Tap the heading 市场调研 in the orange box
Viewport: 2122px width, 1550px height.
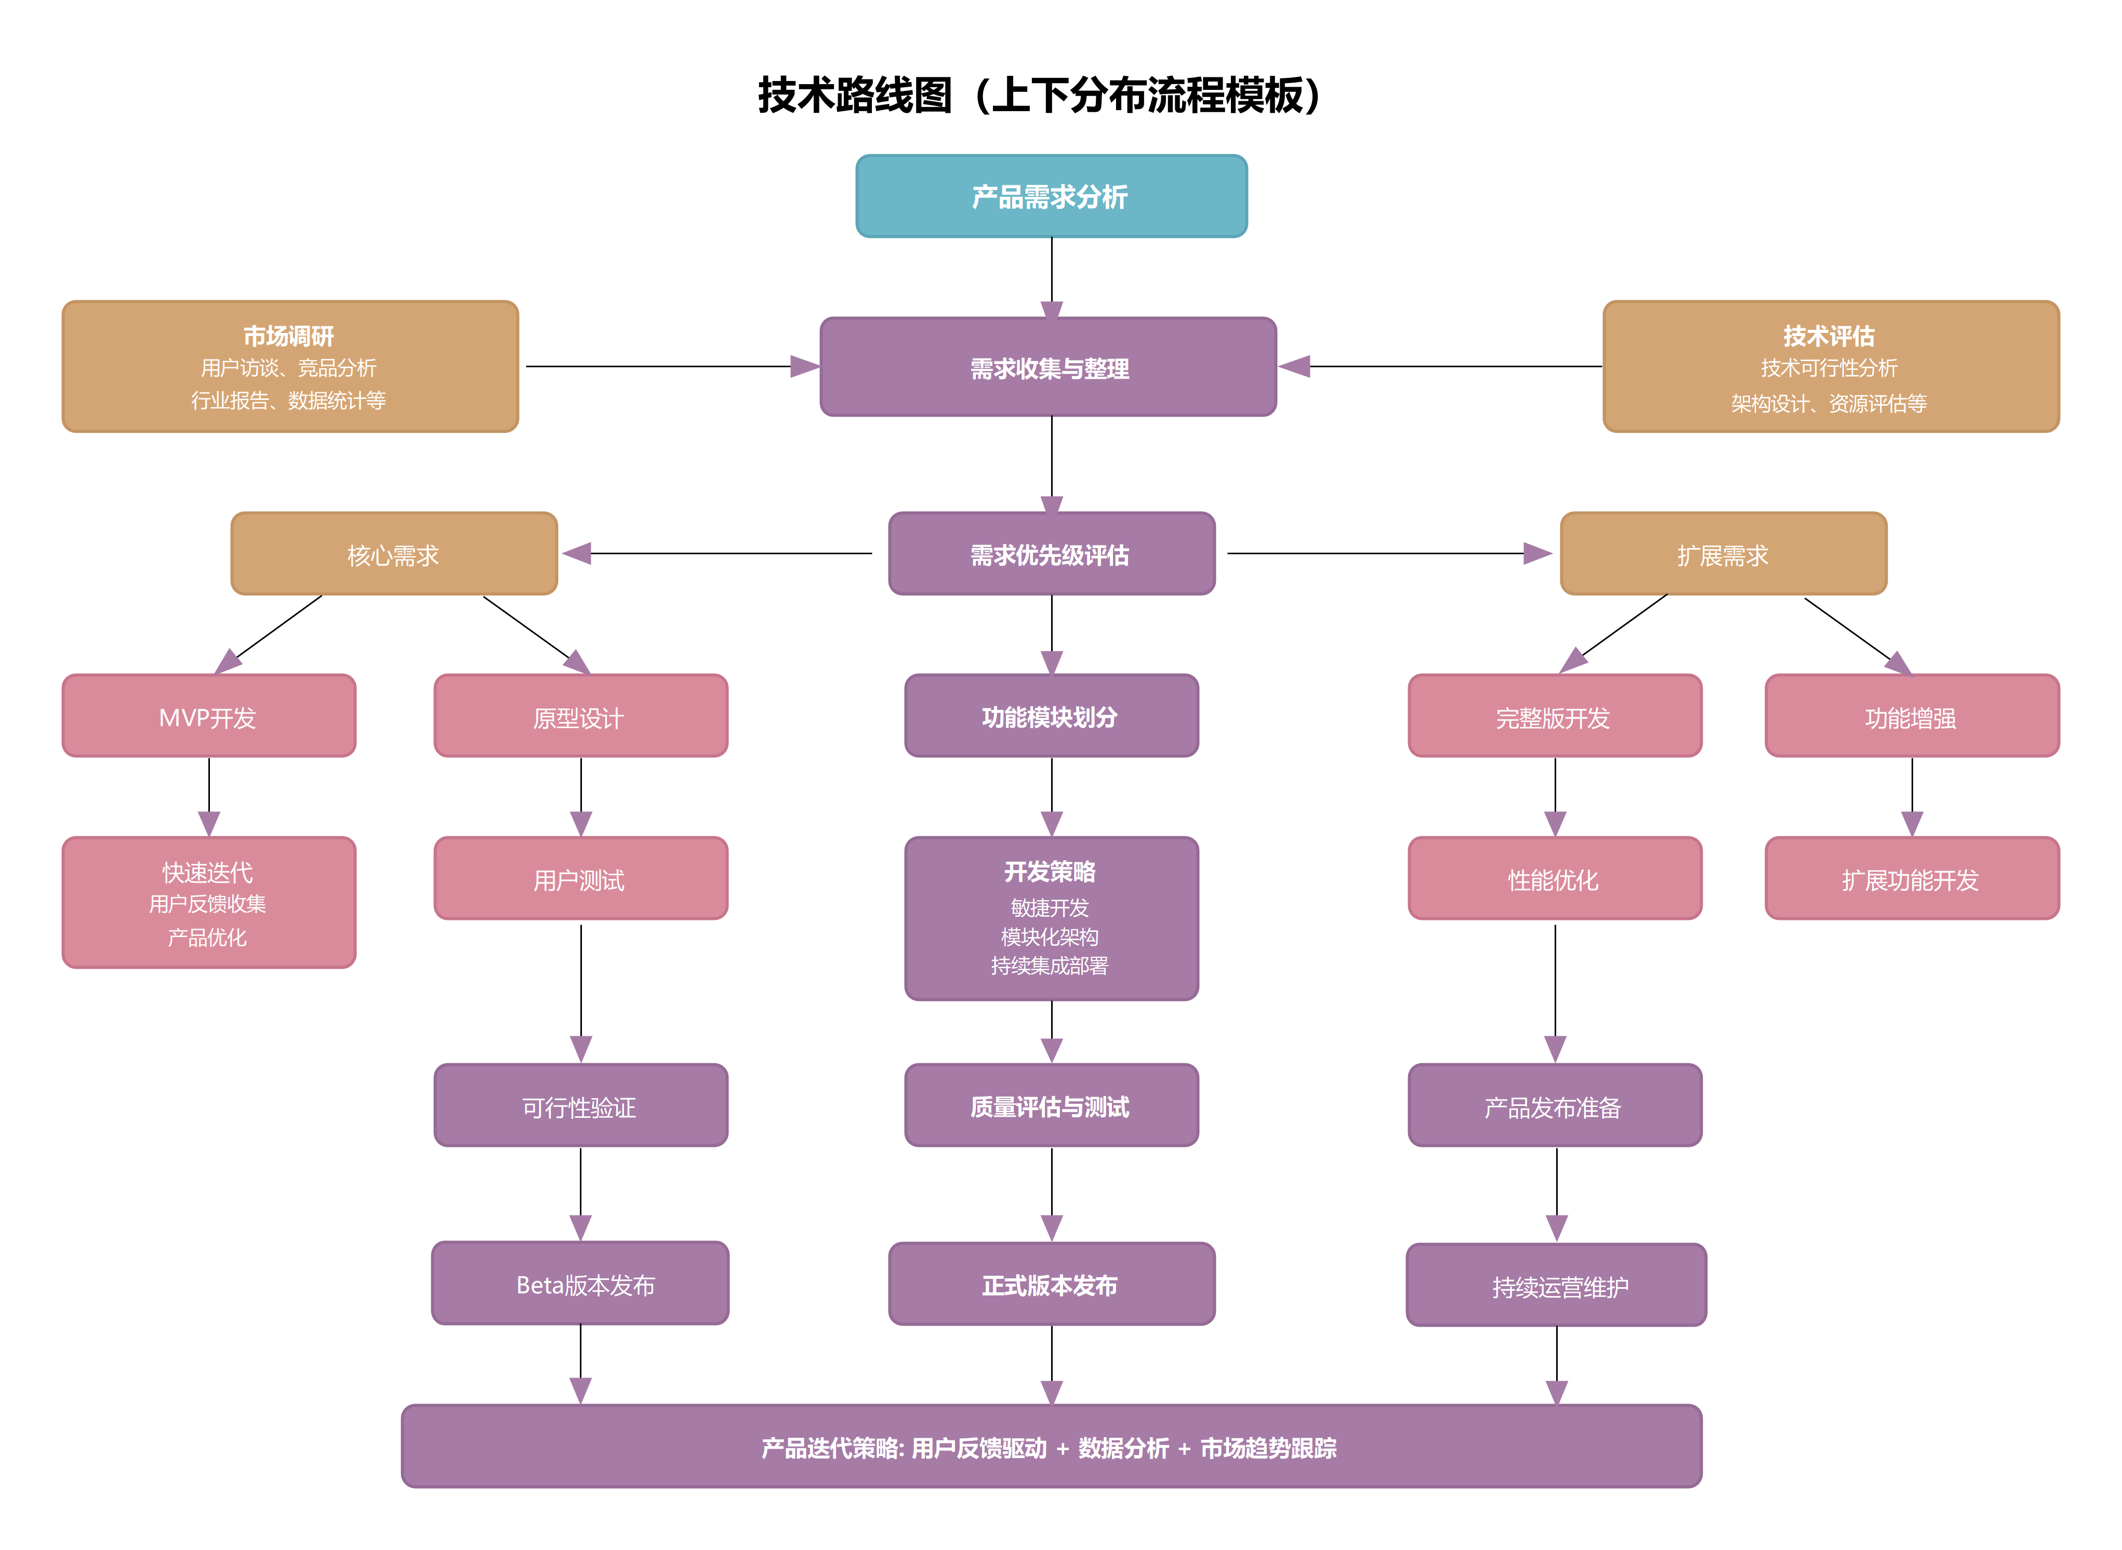[288, 336]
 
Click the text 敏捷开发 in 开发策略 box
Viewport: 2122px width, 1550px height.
[1049, 907]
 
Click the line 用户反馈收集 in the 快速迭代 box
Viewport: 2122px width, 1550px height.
[207, 903]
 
